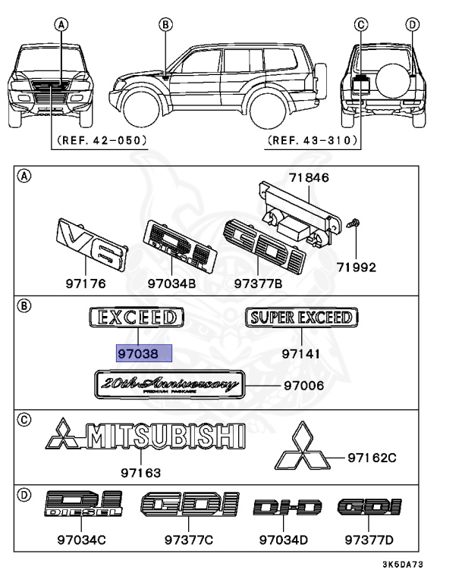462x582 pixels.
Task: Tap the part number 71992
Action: (x=356, y=268)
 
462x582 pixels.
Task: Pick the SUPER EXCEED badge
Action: (x=303, y=318)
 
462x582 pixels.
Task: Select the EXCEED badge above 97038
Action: (x=137, y=318)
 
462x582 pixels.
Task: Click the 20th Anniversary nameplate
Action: (x=168, y=385)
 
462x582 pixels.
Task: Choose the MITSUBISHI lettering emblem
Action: (x=146, y=438)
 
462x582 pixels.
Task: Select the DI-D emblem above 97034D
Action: (x=288, y=508)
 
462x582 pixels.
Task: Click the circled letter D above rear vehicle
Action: (x=413, y=24)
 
